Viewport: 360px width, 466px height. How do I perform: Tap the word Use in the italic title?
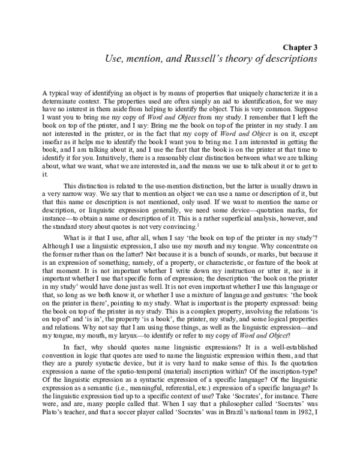(115, 59)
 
